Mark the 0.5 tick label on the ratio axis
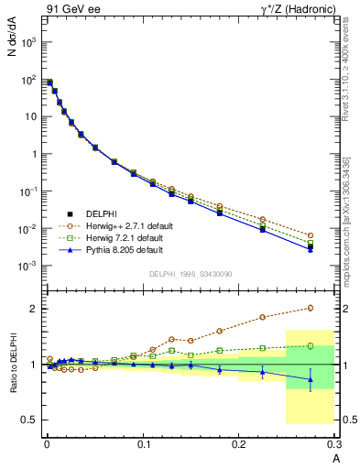(x=30, y=420)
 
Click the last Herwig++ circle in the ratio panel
(x=311, y=308)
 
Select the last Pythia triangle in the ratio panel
(x=311, y=379)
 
